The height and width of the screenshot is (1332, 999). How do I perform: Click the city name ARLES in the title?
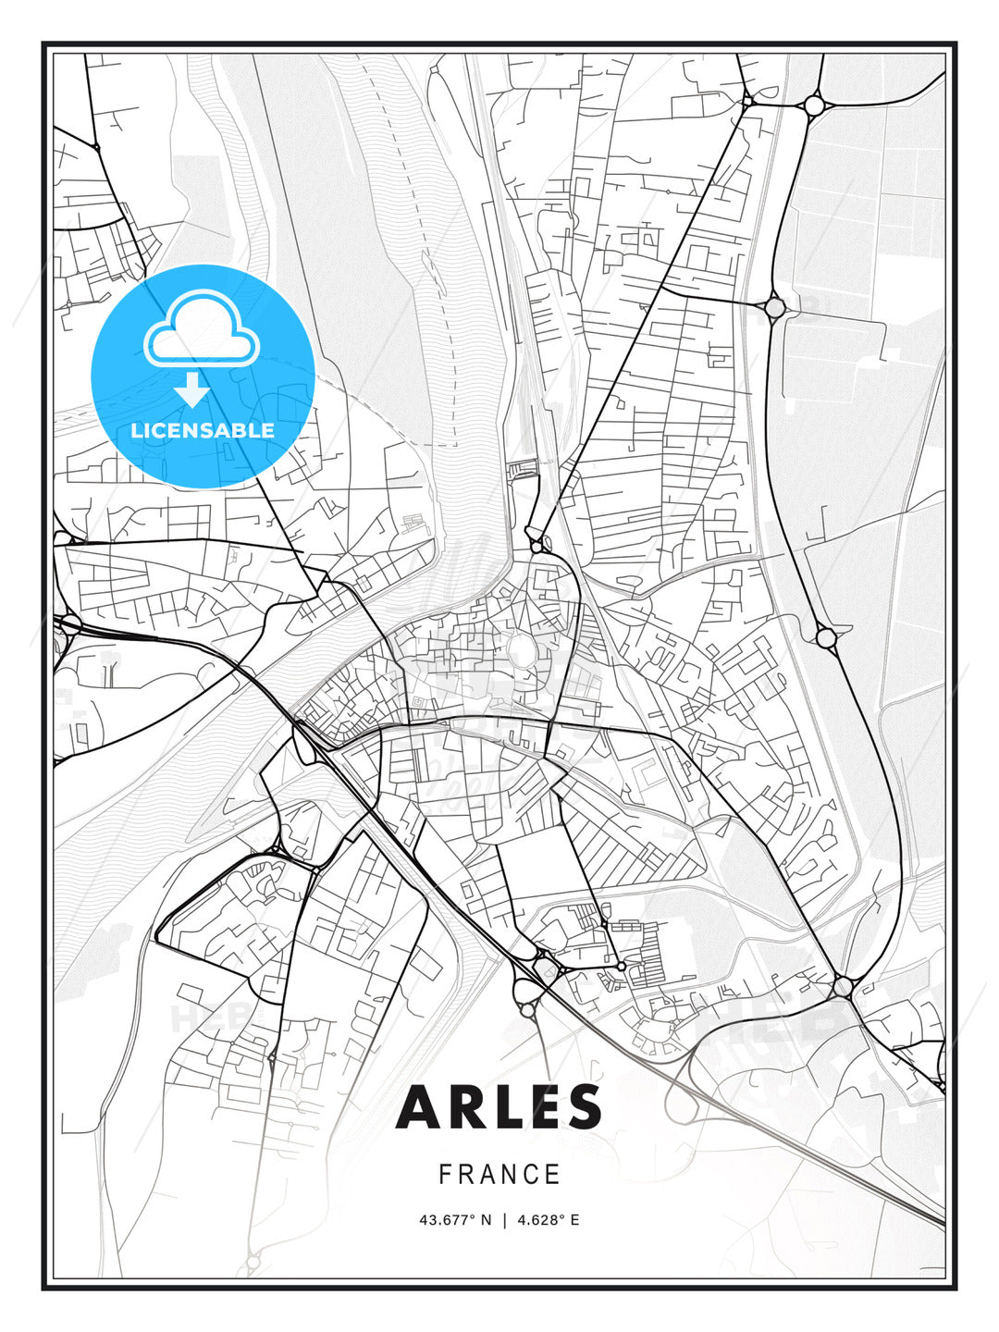point(499,1107)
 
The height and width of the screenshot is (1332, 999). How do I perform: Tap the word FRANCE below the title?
point(499,1175)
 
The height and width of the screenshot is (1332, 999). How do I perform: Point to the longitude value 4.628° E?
point(549,1220)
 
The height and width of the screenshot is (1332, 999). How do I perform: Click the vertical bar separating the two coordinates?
point(504,1220)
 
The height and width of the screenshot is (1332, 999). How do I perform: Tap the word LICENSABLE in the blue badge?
point(203,430)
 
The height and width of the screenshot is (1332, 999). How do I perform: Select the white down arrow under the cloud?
point(192,389)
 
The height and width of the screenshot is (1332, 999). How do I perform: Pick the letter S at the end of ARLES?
point(583,1107)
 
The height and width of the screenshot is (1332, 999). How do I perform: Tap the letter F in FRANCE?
point(445,1175)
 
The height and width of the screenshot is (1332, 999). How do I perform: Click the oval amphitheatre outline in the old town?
point(524,652)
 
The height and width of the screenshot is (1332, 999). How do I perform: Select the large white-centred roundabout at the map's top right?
point(814,105)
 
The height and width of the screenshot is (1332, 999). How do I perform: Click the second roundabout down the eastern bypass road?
point(774,305)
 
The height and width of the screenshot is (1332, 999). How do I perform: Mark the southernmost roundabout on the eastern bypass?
point(843,987)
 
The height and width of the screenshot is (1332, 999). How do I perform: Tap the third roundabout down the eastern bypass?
point(826,636)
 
